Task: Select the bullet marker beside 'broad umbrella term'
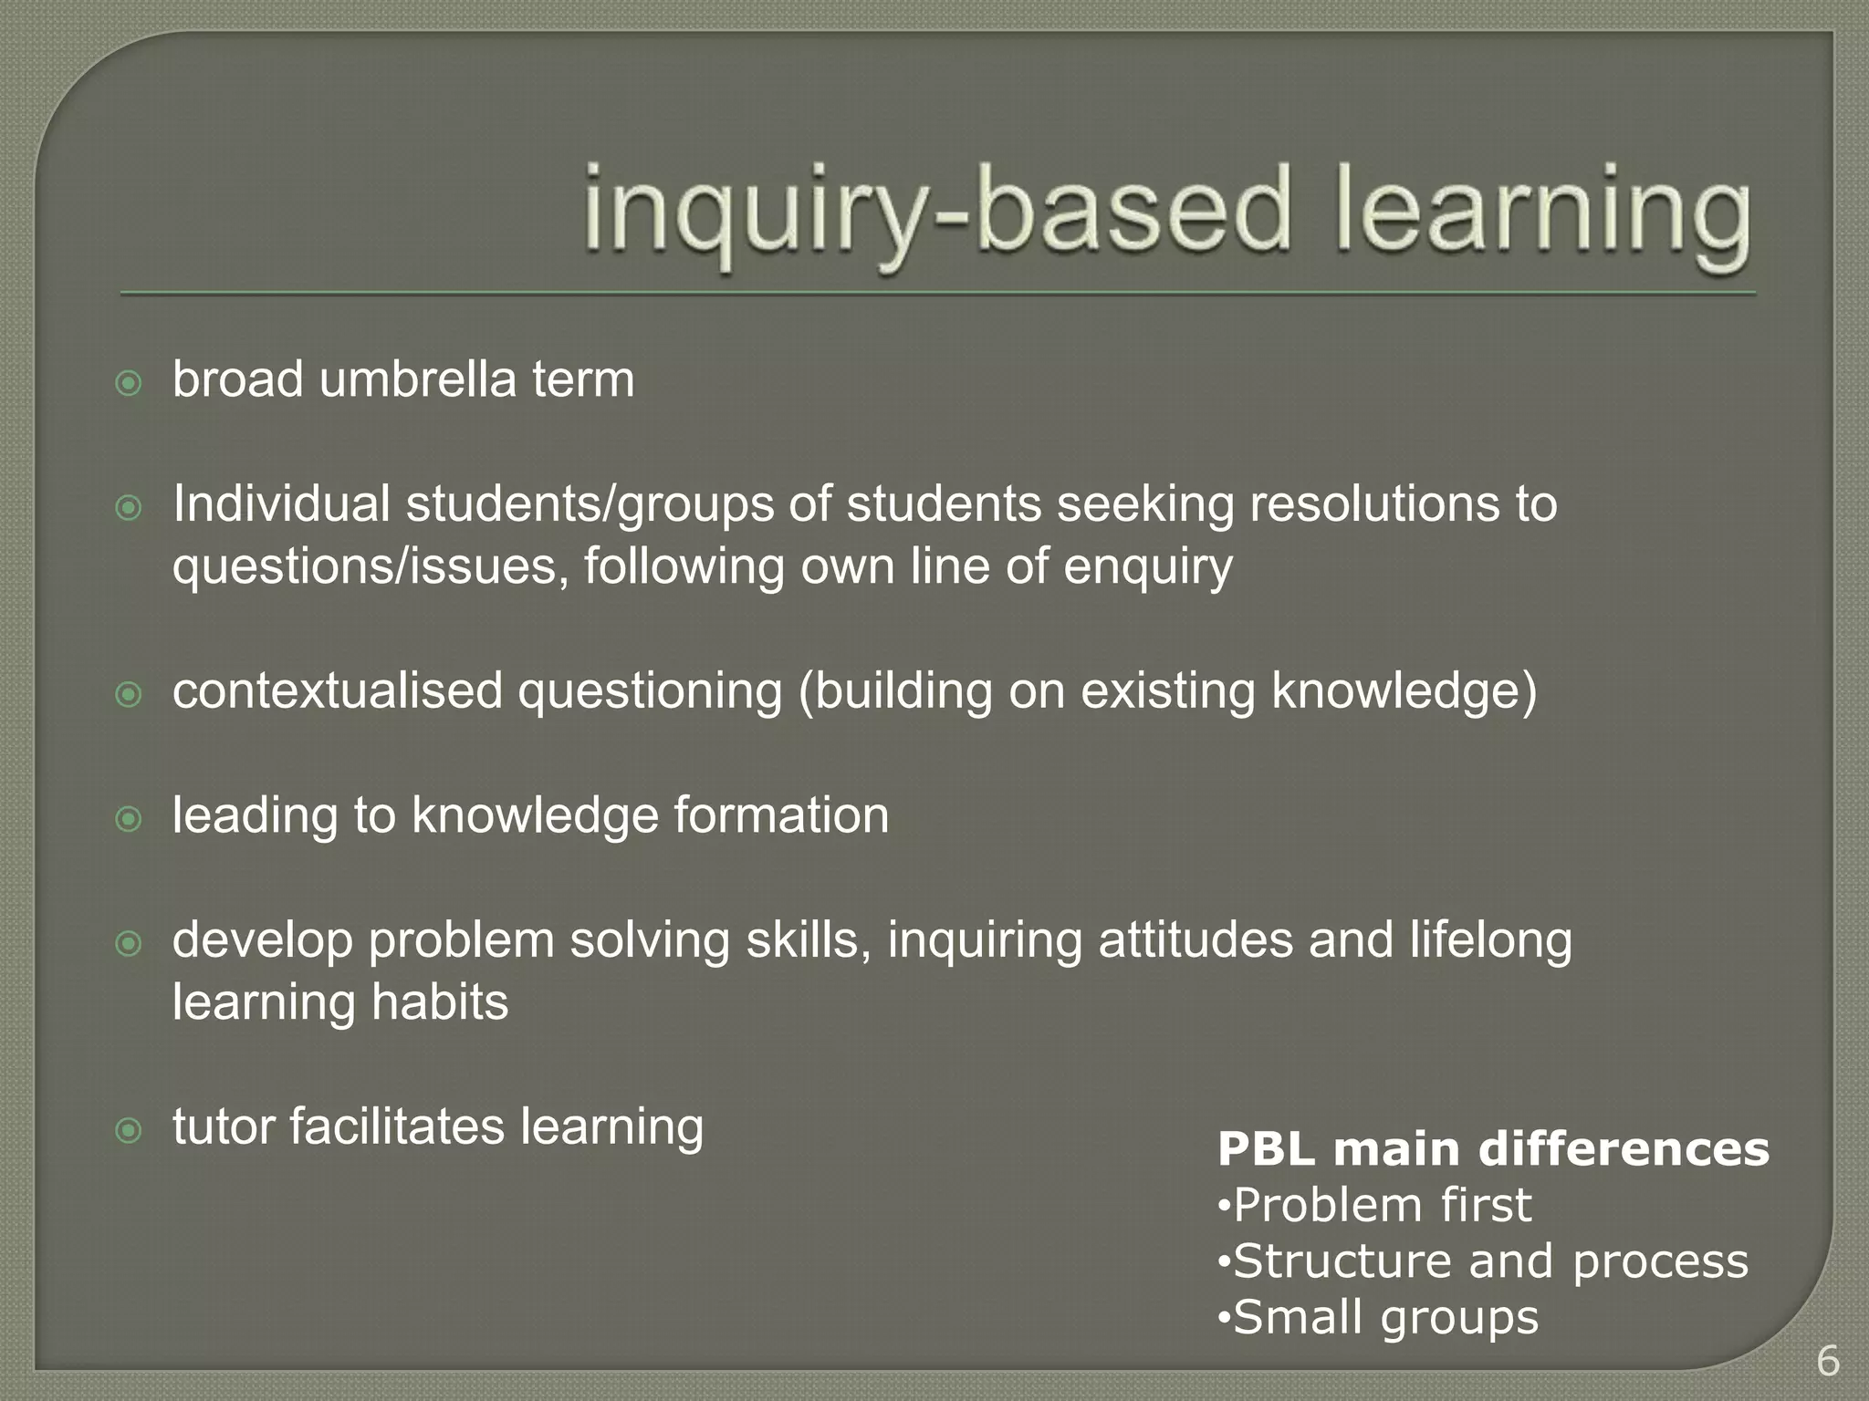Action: [130, 383]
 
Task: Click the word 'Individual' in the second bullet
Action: [281, 503]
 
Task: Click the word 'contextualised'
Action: [338, 690]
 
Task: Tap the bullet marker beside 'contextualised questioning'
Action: [130, 695]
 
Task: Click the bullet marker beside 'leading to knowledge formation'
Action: [130, 819]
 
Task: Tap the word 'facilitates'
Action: [397, 1126]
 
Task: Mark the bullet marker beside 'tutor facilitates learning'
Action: [130, 1131]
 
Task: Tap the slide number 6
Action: [1827, 1362]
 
